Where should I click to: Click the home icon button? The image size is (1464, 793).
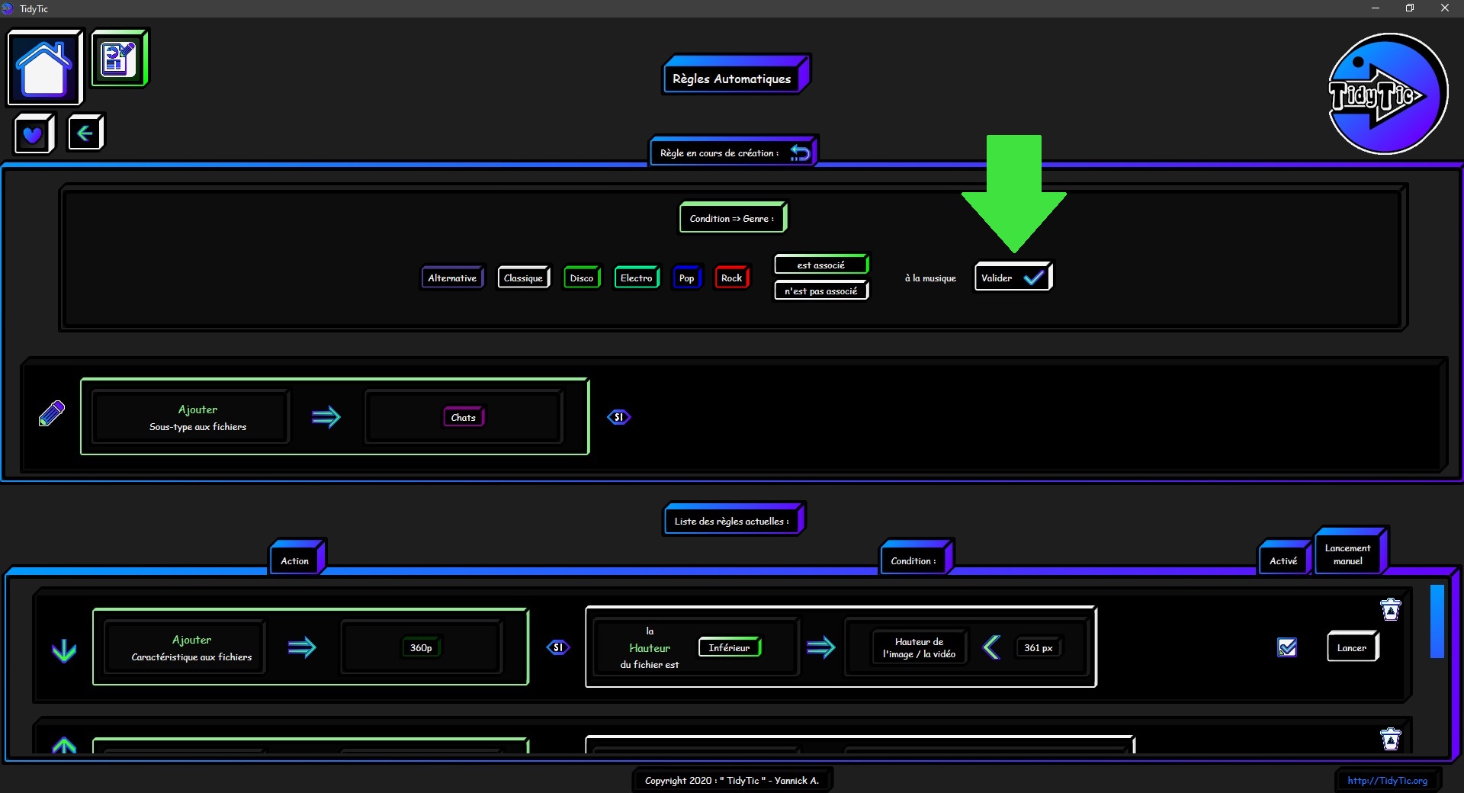44,68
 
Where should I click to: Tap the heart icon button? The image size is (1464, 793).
34,134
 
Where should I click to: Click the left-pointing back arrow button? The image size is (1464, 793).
85,133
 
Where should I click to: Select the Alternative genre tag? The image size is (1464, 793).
452,278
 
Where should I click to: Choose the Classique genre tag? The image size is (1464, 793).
523,278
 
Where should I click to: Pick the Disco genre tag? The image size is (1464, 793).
582,278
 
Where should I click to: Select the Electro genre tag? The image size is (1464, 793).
637,278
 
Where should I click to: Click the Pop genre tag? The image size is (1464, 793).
687,278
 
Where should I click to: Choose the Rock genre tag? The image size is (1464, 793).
732,278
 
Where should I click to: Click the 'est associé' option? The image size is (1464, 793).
821,265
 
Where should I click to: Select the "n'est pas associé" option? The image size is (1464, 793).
821,291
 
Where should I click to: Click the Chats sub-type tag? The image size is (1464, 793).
464,417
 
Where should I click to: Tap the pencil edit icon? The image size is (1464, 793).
52,413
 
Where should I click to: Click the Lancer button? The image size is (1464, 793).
1352,647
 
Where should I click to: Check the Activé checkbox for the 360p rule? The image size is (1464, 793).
1287,647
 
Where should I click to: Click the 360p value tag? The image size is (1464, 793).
421,647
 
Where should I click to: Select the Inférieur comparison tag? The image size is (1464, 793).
730,647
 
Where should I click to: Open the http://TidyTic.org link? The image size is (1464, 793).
1387,780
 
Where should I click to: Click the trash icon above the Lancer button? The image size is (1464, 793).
1391,609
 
